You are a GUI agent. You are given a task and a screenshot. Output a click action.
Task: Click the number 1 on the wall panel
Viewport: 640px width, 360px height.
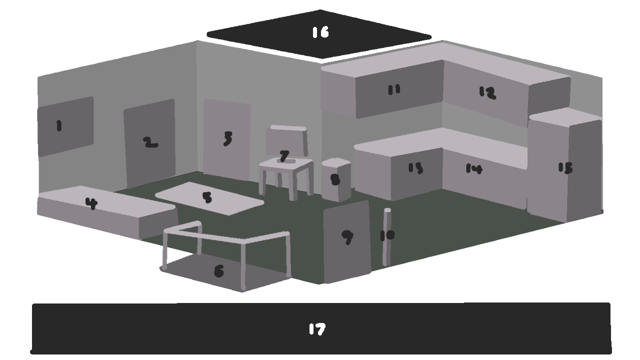click(x=59, y=125)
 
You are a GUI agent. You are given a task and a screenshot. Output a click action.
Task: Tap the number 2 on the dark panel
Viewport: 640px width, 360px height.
click(x=150, y=142)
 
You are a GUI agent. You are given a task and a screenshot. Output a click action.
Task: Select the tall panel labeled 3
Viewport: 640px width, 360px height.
click(x=227, y=139)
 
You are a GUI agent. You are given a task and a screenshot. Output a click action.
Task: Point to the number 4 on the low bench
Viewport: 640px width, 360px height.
click(x=91, y=203)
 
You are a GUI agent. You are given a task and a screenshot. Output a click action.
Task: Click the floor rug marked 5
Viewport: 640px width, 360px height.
click(x=209, y=198)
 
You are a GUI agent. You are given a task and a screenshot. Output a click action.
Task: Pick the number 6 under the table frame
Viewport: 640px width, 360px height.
click(x=219, y=271)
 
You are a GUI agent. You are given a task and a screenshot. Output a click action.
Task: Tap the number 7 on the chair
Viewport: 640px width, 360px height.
click(x=284, y=156)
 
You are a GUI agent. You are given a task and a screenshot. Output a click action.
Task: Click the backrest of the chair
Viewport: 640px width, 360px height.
click(x=287, y=141)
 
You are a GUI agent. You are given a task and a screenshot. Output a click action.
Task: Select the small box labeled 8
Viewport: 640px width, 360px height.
click(x=336, y=179)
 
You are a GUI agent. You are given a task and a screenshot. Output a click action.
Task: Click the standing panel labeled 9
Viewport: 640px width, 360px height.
click(x=347, y=241)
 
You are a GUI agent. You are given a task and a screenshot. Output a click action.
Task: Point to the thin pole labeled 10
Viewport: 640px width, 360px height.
click(x=387, y=237)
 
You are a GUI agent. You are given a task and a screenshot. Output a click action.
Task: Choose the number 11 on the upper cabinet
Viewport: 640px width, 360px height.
click(x=394, y=90)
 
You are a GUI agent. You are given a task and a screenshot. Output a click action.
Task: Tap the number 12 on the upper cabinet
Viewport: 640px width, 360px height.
click(x=487, y=92)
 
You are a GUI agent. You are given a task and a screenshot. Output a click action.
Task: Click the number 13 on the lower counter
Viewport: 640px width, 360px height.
click(x=415, y=168)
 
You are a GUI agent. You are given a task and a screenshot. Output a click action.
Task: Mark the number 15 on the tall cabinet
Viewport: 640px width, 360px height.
click(x=565, y=168)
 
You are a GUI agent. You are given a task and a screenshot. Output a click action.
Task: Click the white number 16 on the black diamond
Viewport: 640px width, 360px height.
click(x=321, y=32)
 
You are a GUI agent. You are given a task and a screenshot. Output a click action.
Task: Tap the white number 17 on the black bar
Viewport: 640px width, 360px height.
click(x=317, y=329)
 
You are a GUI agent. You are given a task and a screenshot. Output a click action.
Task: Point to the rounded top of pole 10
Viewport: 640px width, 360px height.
click(x=387, y=210)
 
